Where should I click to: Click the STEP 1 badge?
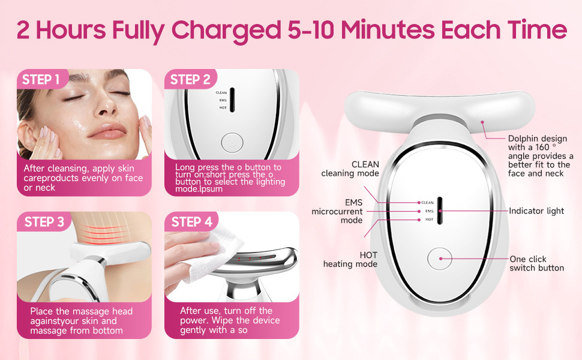pyautogui.click(x=41, y=79)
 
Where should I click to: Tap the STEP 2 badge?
pyautogui.click(x=190, y=79)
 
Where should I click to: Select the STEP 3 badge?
pyautogui.click(x=44, y=221)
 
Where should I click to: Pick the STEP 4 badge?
pyautogui.click(x=191, y=221)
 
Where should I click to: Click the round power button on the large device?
pyautogui.click(x=440, y=259)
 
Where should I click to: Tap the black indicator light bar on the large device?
pyautogui.click(x=440, y=211)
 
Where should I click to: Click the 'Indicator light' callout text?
pyautogui.click(x=536, y=211)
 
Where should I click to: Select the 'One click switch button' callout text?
pyautogui.click(x=537, y=263)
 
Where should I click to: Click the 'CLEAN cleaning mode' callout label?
pyautogui.click(x=350, y=169)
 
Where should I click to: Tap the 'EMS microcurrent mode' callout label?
pyautogui.click(x=337, y=211)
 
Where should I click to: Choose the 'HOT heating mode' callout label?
pyautogui.click(x=350, y=259)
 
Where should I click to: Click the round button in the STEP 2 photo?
pyautogui.click(x=232, y=143)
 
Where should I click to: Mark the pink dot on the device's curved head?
pyautogui.click(x=482, y=122)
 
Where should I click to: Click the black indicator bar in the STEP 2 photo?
pyautogui.click(x=232, y=100)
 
